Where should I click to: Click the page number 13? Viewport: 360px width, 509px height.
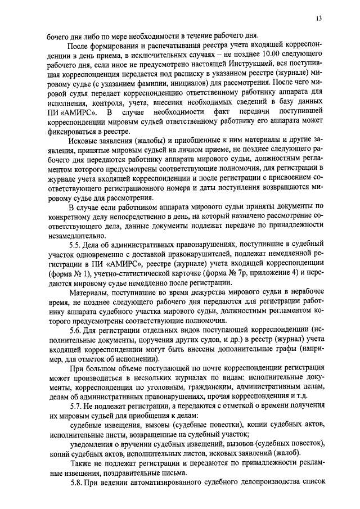(x=319, y=19)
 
